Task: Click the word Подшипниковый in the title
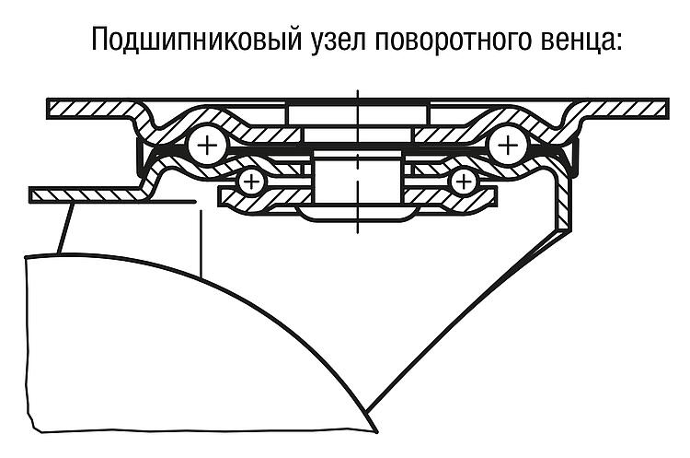197,40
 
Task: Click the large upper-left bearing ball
206,145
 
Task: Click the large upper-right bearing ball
508,145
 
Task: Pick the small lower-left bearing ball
250,182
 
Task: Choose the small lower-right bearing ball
464,182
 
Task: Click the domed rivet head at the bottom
357,213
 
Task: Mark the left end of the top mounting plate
49,109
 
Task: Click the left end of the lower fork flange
30,194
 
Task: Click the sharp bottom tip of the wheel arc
377,432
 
